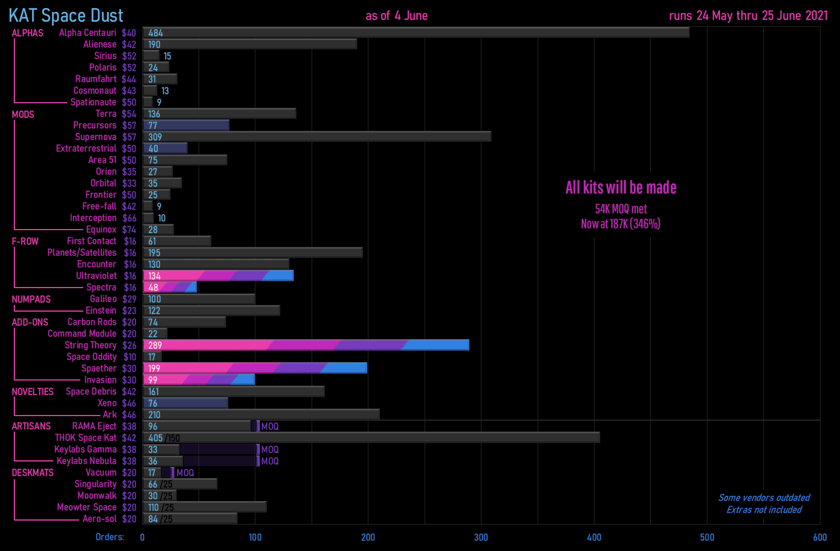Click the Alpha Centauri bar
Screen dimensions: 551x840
pos(415,33)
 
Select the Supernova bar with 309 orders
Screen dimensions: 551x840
pos(317,137)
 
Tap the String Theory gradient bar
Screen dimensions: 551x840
pos(306,345)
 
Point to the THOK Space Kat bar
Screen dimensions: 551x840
pos(371,437)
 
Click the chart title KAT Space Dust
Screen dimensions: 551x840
pos(66,15)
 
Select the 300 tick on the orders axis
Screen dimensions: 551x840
pos(481,537)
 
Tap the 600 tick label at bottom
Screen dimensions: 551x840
pos(819,537)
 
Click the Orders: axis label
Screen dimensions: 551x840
pos(110,537)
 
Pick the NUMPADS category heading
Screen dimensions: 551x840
pos(32,299)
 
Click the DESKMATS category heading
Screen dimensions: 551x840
pos(33,472)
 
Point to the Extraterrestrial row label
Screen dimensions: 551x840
pos(86,148)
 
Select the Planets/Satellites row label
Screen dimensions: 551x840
pos(81,253)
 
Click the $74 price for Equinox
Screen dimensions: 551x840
pos(129,230)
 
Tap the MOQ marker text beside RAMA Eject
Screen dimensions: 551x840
pos(270,426)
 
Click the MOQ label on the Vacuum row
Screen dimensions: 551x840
pos(185,472)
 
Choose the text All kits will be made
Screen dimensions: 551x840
pos(621,188)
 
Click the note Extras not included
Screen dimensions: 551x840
pos(764,510)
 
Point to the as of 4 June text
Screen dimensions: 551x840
pos(396,15)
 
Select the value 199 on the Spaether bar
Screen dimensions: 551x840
pos(154,368)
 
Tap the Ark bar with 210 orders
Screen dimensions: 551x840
pos(261,414)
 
